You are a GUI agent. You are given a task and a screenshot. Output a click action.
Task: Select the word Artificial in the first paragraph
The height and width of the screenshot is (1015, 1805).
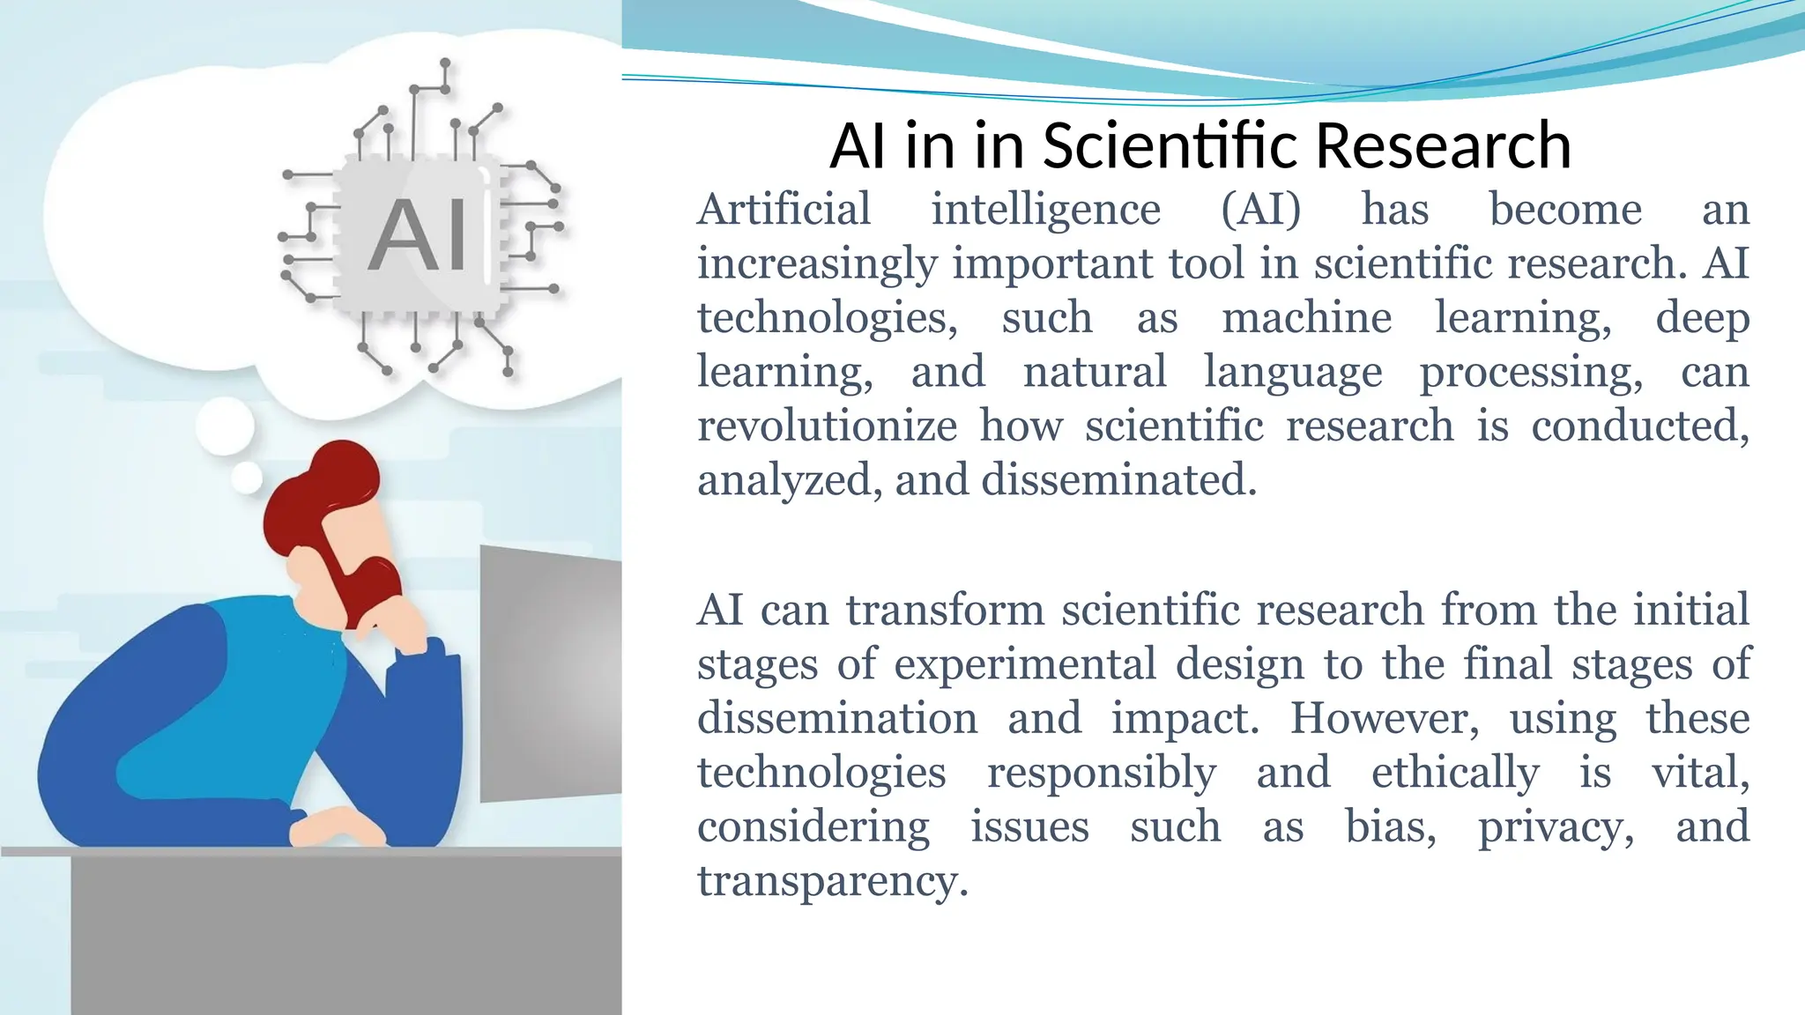pos(784,210)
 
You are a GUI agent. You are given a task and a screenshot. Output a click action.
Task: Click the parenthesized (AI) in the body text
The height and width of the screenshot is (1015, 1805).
pos(1260,210)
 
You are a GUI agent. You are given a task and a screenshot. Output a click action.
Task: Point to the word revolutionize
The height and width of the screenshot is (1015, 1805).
pos(827,426)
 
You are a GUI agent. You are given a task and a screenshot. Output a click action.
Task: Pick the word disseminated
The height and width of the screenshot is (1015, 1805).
pos(1118,480)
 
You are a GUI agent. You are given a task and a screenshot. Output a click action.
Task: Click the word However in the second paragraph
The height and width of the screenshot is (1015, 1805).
pos(1385,718)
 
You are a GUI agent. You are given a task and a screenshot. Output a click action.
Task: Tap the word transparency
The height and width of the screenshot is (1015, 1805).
pos(832,880)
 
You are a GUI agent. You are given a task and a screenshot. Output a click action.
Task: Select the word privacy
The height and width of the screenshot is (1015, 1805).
pos(1556,826)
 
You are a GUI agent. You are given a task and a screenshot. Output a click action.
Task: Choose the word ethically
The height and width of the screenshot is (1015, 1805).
pos(1455,773)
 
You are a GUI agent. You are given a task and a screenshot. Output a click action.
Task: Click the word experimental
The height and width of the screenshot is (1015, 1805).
pos(1025,664)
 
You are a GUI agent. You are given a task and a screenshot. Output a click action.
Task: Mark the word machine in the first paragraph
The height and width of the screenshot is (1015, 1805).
pos(1306,318)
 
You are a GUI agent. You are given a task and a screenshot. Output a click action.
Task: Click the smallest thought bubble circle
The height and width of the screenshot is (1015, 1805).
pos(246,478)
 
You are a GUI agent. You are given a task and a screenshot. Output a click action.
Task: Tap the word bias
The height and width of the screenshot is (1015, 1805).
pos(1390,826)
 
